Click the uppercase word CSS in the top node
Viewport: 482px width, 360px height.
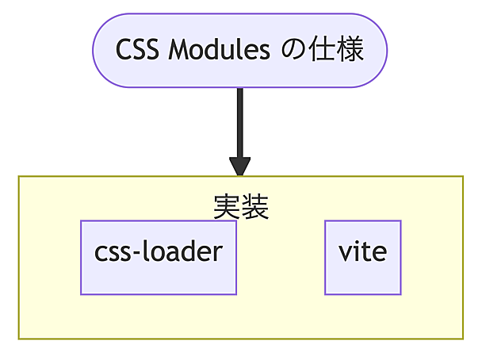point(136,51)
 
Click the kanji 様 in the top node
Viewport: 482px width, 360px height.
point(350,51)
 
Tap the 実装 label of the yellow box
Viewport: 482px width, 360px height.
point(241,206)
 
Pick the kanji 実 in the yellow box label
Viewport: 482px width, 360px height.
point(228,206)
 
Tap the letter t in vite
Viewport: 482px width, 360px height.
point(365,252)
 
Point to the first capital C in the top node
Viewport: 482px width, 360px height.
point(124,51)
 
